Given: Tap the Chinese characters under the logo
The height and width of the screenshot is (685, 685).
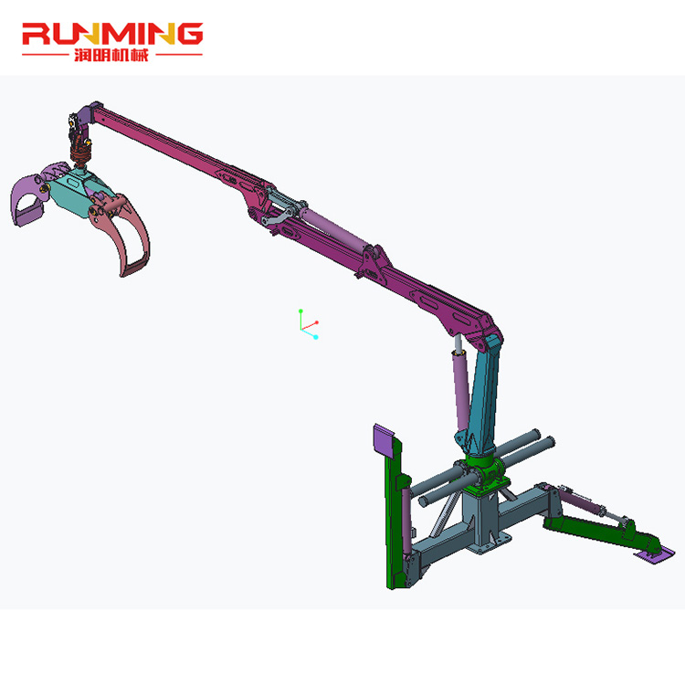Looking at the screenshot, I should coord(111,54).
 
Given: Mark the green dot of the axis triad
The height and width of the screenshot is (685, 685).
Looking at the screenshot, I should coord(300,311).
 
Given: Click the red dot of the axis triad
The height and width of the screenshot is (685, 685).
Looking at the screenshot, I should coord(317,322).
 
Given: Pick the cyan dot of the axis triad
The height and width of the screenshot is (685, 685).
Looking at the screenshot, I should coord(315,337).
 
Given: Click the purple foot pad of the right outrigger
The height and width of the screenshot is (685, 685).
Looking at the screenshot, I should coord(656,550).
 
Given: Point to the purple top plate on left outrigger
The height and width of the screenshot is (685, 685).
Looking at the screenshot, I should coord(385,441).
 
